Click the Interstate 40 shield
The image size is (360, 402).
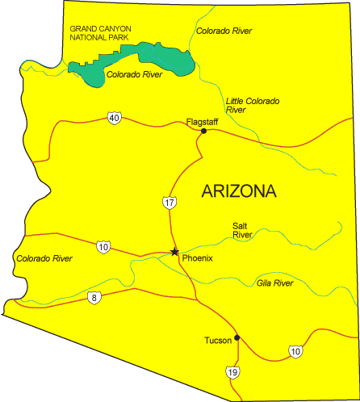[x=113, y=119]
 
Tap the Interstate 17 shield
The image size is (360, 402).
[x=167, y=202]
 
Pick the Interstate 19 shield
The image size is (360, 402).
[x=232, y=371]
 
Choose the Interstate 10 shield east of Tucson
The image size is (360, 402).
[x=295, y=350]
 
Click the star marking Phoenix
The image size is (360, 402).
[x=174, y=252]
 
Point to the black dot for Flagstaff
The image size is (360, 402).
[x=204, y=131]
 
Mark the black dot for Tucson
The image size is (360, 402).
[x=237, y=337]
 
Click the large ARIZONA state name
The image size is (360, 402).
[x=239, y=191]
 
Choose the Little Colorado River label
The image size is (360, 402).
[x=253, y=105]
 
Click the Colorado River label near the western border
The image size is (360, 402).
[x=44, y=258]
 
